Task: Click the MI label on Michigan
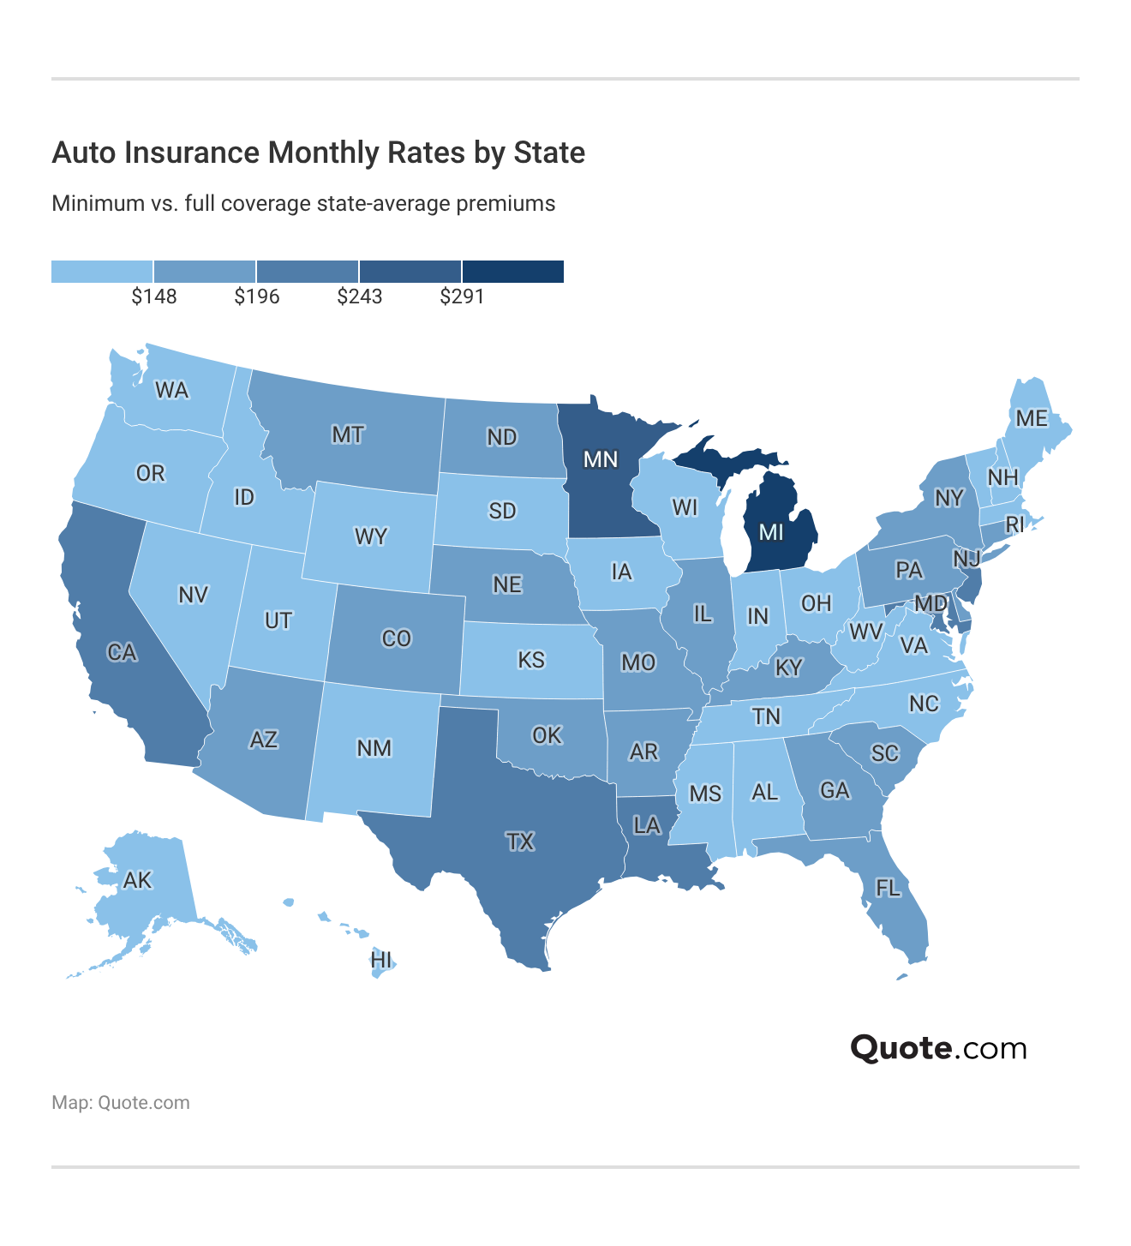tap(771, 532)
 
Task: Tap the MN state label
tap(600, 459)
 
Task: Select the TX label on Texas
tap(520, 842)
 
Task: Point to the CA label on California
tap(122, 652)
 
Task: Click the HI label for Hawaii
tap(381, 960)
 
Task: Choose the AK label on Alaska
tap(137, 880)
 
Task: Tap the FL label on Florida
tap(888, 888)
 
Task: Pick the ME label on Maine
tap(1032, 418)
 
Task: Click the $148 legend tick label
tap(154, 297)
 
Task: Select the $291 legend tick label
tap(463, 297)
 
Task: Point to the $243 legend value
tap(360, 297)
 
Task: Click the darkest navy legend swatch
tap(513, 272)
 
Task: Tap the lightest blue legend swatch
tap(102, 272)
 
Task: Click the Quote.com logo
tap(938, 1048)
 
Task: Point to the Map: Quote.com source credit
tap(121, 1102)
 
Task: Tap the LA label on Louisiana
tap(647, 825)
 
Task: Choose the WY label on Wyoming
tap(371, 537)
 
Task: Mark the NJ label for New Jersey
tap(966, 559)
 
